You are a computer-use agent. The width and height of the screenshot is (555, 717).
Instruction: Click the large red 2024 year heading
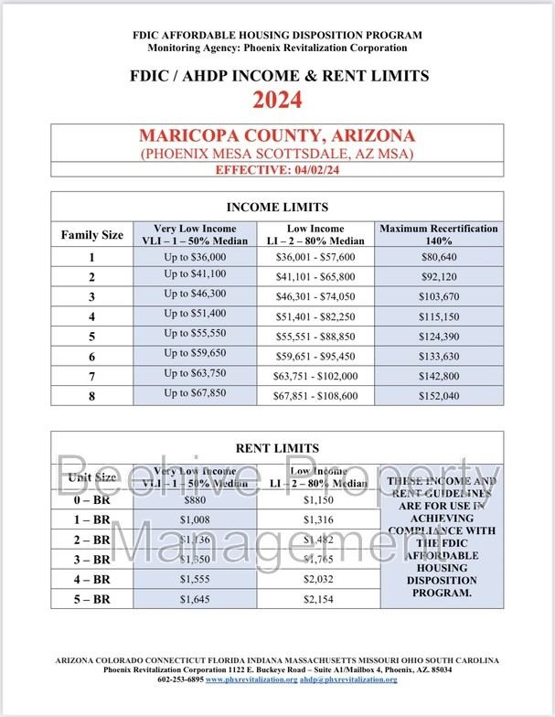[277, 99]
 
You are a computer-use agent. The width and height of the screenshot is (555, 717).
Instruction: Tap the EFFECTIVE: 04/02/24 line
[277, 170]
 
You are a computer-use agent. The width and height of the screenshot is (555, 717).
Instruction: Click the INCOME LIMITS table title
[277, 207]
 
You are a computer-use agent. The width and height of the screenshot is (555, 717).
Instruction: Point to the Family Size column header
[92, 235]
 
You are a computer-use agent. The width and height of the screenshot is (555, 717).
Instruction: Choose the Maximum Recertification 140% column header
[439, 234]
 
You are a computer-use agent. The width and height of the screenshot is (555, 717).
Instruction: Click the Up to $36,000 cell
[195, 258]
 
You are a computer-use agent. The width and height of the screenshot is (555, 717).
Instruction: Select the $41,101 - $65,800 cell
[316, 276]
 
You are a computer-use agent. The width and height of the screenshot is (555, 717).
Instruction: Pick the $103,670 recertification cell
[439, 296]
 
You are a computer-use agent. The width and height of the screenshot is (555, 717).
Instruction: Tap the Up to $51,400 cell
[195, 315]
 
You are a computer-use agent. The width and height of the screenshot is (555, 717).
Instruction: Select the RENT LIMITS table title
[277, 448]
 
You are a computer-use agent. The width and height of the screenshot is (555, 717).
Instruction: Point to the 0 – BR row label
[92, 500]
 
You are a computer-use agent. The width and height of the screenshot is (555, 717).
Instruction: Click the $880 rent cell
[195, 500]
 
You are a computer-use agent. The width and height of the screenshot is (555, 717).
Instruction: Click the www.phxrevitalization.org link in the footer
[251, 680]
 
